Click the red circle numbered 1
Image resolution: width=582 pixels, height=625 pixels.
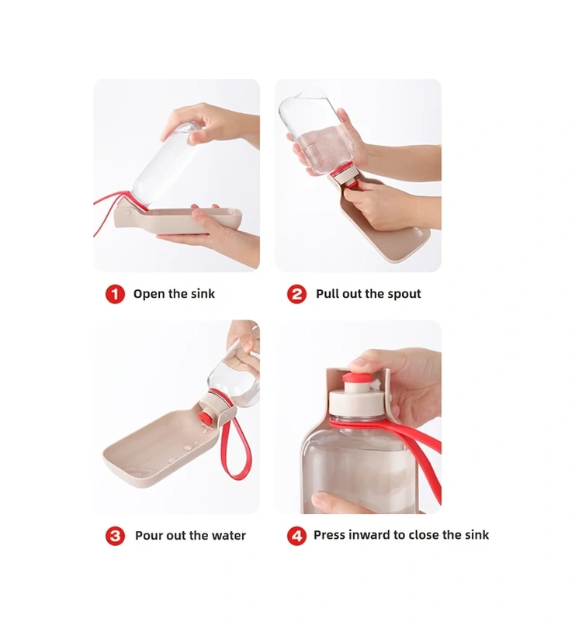(115, 294)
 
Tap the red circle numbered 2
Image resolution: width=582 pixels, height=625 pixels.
(296, 294)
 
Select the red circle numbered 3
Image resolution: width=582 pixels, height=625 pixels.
(115, 536)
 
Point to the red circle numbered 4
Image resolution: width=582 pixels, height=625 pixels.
(296, 536)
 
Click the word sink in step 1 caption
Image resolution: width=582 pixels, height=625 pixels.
(203, 294)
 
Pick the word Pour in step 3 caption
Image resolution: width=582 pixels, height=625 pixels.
(148, 535)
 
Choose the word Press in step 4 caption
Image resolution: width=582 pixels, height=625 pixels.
(329, 534)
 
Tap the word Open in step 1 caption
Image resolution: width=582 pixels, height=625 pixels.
(148, 294)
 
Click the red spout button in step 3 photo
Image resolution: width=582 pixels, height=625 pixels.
(206, 418)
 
